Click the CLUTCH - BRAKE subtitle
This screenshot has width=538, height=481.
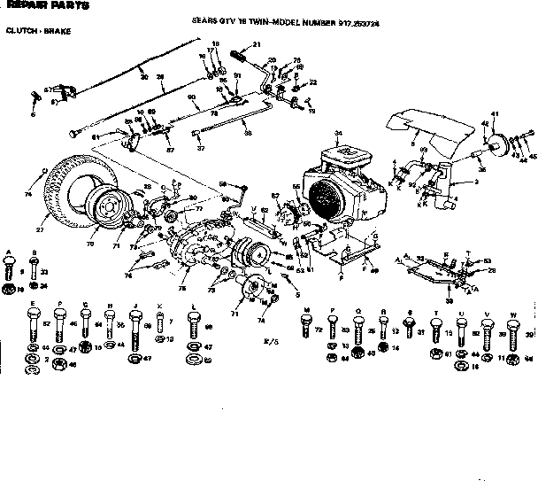pos(36,31)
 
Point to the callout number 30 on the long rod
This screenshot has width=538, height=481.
pos(143,76)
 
